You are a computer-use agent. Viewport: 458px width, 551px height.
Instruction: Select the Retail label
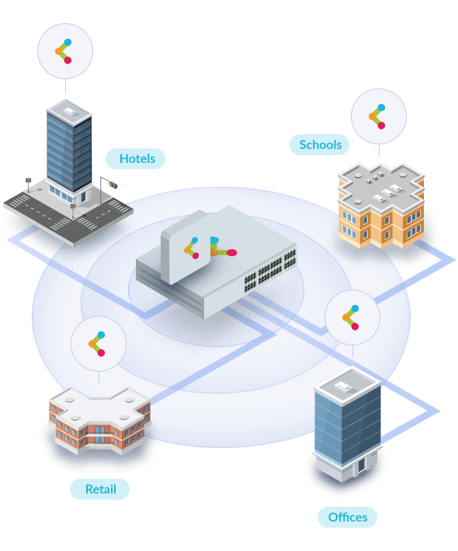point(100,489)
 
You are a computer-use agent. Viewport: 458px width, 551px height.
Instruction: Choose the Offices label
point(347,518)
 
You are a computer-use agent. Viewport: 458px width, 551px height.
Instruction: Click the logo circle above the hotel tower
point(65,51)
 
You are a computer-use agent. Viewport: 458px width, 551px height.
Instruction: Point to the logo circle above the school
point(379,116)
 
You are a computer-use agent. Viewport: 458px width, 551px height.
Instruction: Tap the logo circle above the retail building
point(99,344)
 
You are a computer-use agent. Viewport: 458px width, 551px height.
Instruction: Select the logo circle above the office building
point(352,317)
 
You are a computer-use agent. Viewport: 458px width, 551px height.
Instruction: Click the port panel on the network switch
point(270,270)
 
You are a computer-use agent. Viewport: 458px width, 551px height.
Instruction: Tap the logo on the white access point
point(192,248)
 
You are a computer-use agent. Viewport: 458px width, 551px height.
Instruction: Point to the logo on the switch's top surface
point(224,247)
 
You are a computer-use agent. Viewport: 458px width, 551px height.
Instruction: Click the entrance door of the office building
point(361,466)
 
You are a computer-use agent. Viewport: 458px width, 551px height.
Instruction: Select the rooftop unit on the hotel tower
point(69,111)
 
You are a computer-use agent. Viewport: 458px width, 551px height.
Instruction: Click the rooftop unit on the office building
point(342,386)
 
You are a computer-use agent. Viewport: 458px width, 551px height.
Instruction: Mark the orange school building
point(381,205)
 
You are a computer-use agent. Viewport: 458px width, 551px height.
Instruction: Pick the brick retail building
point(100,421)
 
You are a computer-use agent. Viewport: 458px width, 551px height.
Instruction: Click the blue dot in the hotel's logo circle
point(68,43)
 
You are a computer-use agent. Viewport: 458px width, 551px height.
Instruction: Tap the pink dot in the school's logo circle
point(381,126)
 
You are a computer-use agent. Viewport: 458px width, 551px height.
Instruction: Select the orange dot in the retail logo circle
point(92,344)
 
